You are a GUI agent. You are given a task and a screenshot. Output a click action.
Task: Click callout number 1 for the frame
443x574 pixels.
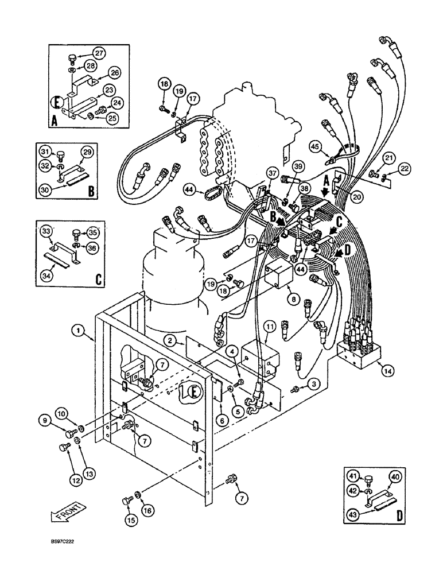(x=77, y=331)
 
